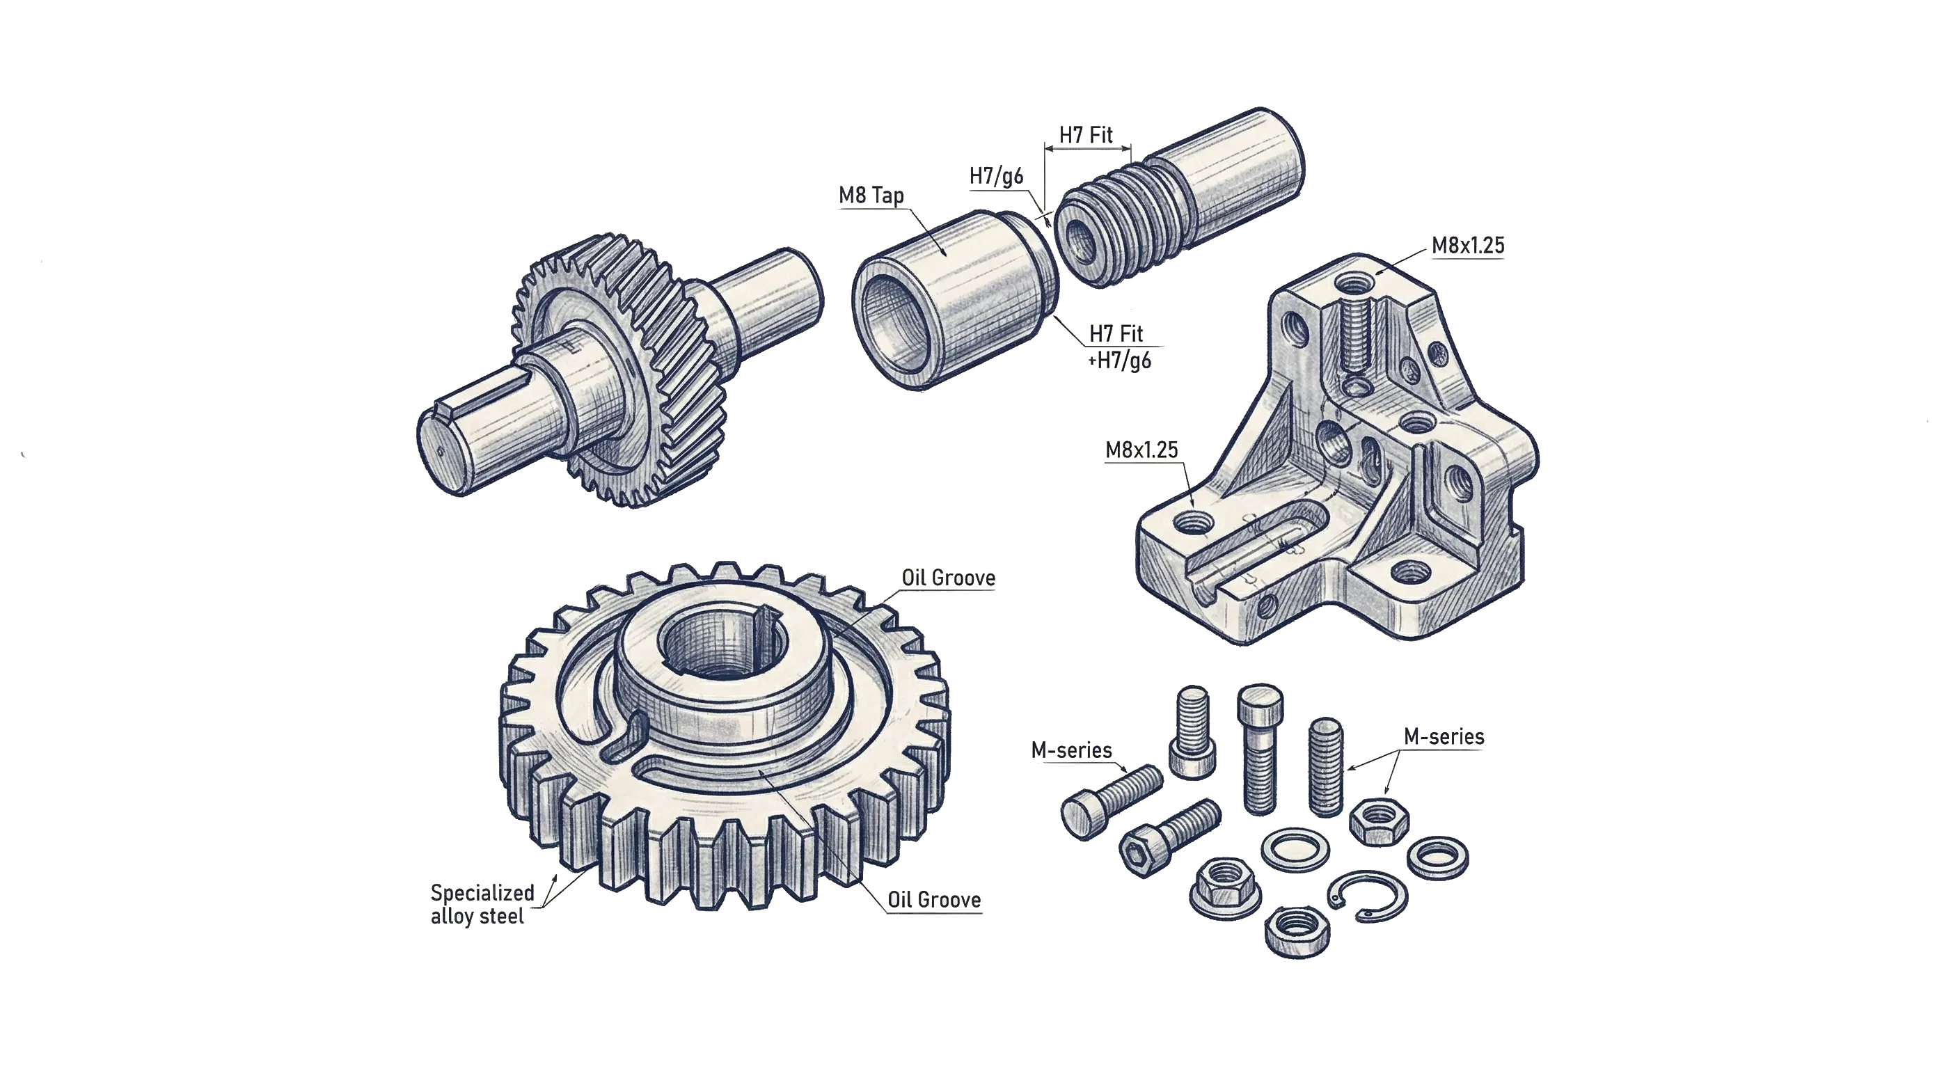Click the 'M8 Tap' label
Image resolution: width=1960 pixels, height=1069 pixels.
click(x=872, y=196)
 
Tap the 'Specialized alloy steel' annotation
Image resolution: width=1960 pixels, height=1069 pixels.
click(x=481, y=904)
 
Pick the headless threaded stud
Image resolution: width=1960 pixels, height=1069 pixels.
click(x=1326, y=766)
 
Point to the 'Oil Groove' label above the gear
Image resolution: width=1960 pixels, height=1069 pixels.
click(x=948, y=578)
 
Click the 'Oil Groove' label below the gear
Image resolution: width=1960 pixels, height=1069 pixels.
click(x=933, y=900)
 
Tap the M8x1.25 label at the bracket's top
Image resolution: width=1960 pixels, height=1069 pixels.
click(x=1467, y=246)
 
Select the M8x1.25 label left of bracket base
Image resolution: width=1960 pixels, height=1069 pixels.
click(x=1141, y=450)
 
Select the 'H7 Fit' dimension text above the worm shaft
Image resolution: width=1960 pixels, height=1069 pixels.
click(x=1086, y=136)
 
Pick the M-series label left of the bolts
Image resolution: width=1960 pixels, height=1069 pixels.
click(x=1070, y=750)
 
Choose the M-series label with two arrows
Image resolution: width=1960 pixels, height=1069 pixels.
click(x=1444, y=736)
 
